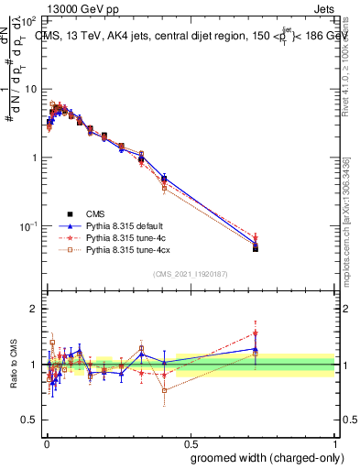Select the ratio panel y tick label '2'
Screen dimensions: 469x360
click(x=34, y=310)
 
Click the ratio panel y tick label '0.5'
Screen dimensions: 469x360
click(x=28, y=420)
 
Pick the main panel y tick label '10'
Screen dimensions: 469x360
click(x=29, y=89)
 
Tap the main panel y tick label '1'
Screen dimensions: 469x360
click(x=34, y=158)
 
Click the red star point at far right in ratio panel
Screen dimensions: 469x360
click(x=256, y=333)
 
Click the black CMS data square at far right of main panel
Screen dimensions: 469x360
click(x=256, y=248)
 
